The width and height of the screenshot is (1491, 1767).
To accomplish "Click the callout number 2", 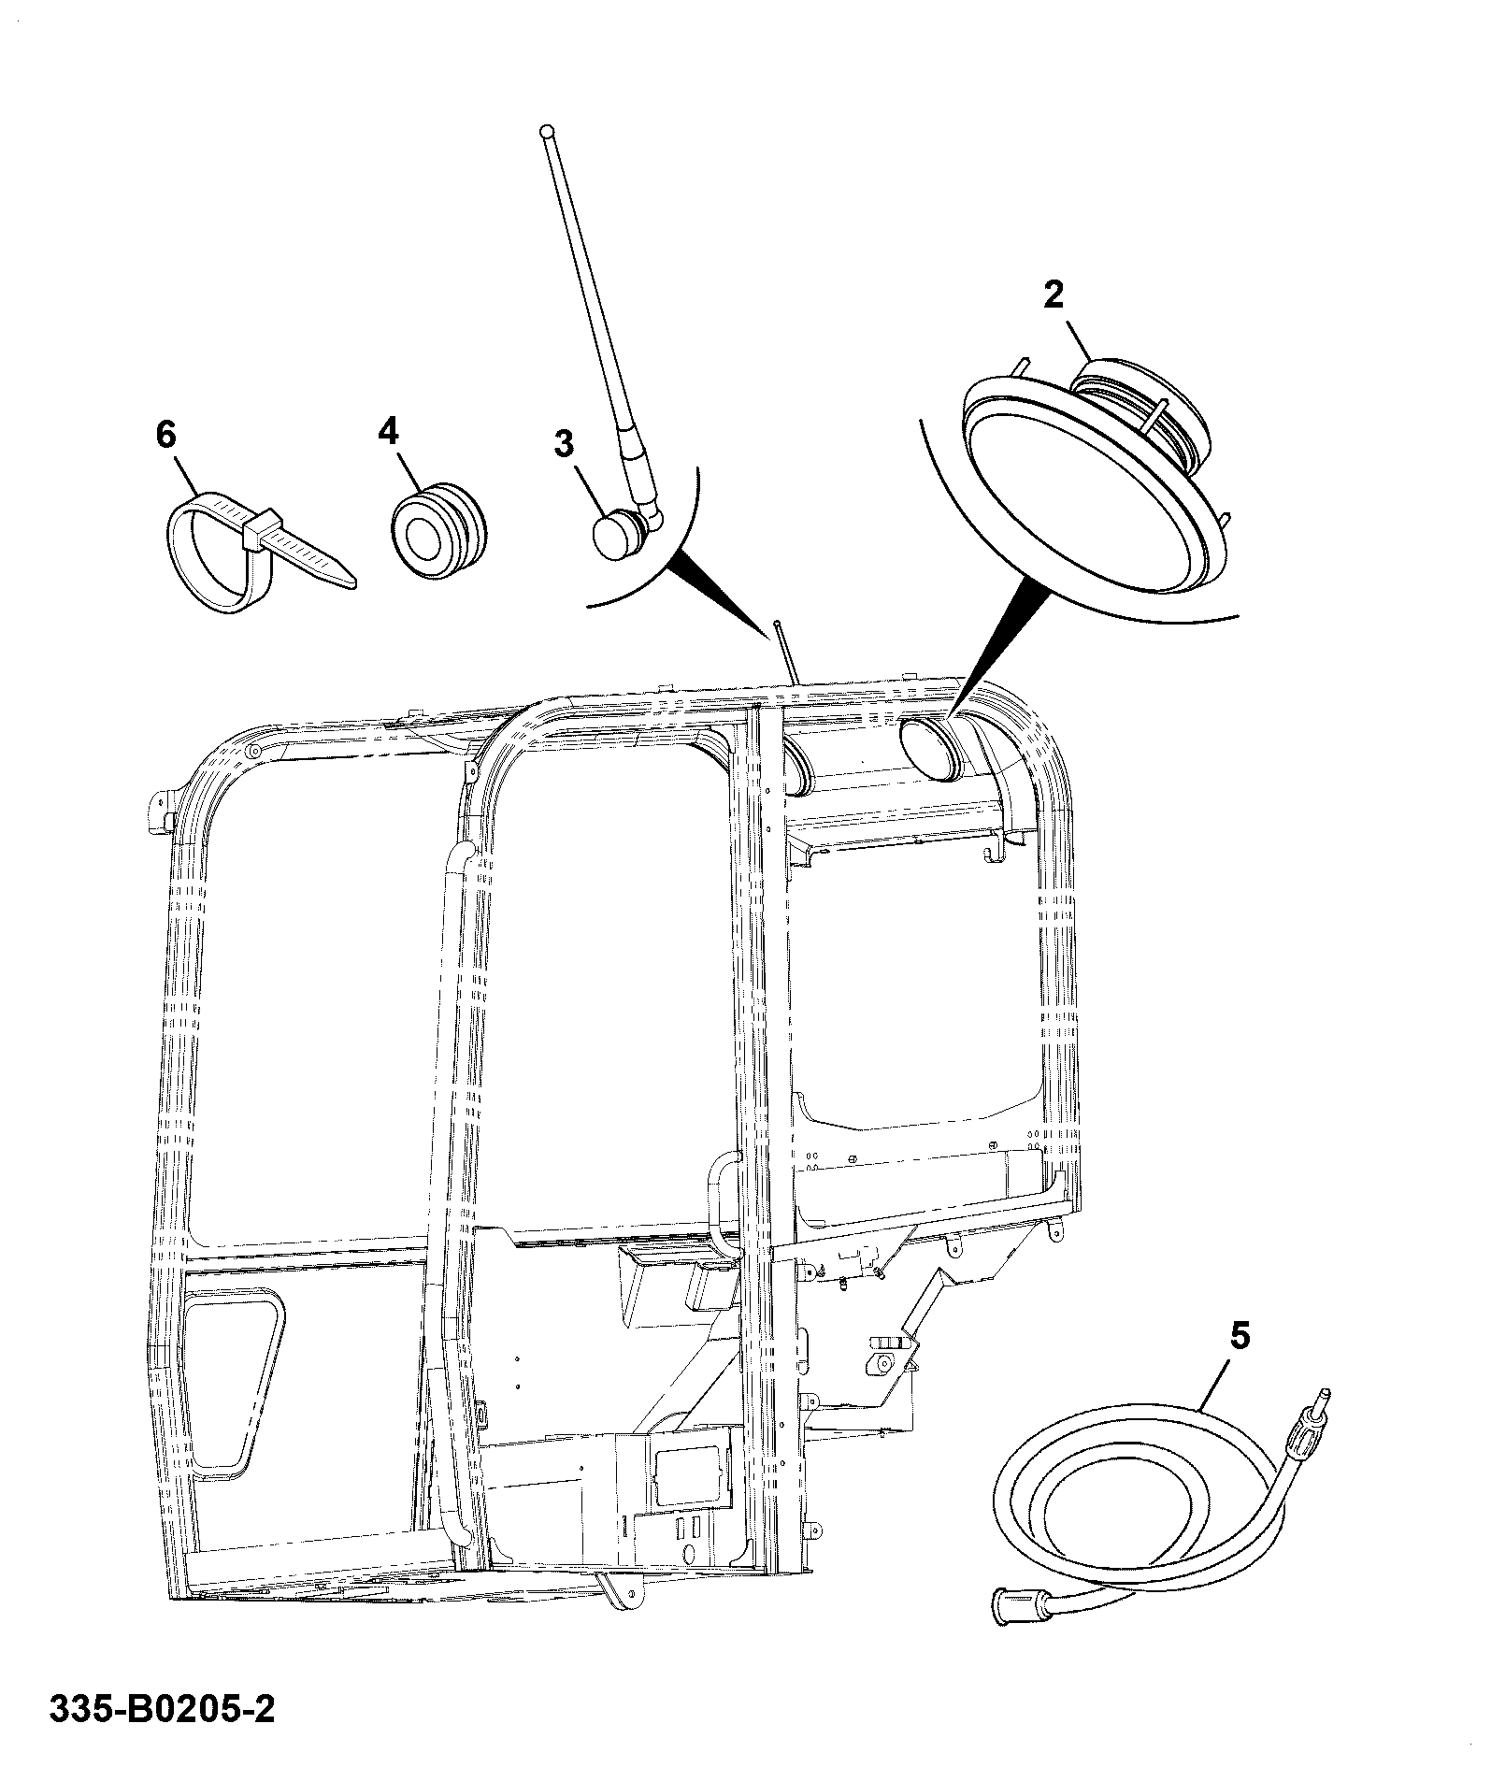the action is click(x=1054, y=295).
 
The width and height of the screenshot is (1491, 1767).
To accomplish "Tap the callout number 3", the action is click(x=565, y=444).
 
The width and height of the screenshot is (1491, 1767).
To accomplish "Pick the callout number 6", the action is click(x=165, y=435).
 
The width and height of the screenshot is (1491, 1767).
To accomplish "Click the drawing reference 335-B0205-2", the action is click(x=163, y=1710).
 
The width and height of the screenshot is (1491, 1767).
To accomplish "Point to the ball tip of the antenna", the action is click(x=546, y=132).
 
